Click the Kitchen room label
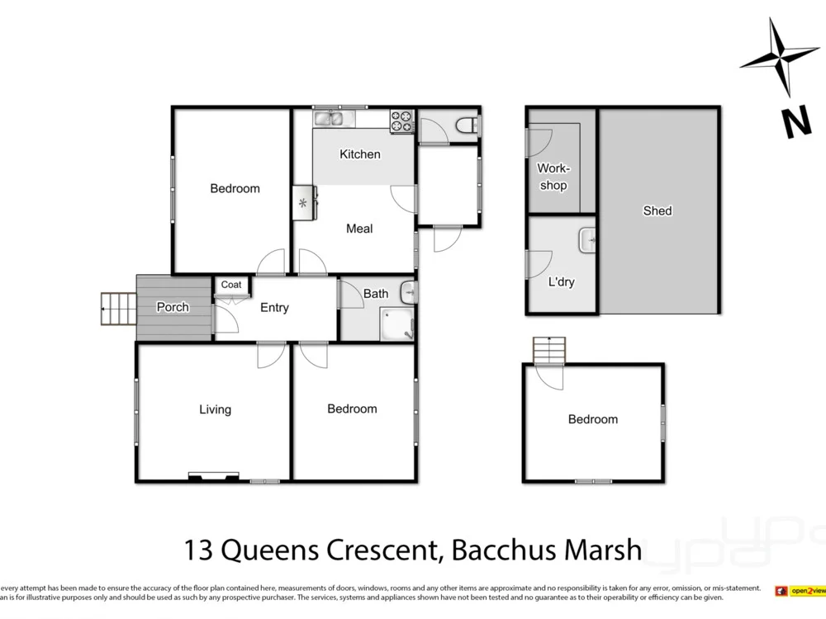coord(360,154)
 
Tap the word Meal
coord(359,229)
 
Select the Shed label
coord(657,210)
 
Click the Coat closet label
coord(231,285)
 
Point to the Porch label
coord(173,307)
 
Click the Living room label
coord(215,409)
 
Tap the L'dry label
coord(561,282)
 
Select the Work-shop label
coord(553,177)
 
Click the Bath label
coord(376,293)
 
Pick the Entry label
coord(274,308)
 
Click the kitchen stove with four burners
coord(401,120)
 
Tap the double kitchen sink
coord(333,119)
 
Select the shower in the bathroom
coord(397,324)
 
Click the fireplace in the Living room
coord(215,475)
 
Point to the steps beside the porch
coord(117,309)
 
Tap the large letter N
coord(796,123)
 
